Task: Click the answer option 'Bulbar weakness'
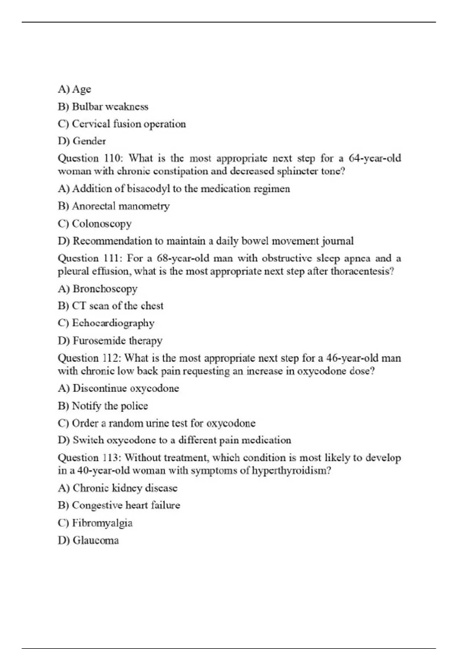tap(103, 107)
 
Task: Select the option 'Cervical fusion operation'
tap(122, 124)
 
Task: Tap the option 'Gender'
tap(82, 141)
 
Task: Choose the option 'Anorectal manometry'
tap(114, 206)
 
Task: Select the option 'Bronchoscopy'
tap(98, 289)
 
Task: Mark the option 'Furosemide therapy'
tap(110, 341)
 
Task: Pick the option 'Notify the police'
tap(103, 406)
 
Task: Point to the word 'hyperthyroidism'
tap(290, 470)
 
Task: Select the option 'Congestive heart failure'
tap(119, 505)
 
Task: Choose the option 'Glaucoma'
tap(89, 541)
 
